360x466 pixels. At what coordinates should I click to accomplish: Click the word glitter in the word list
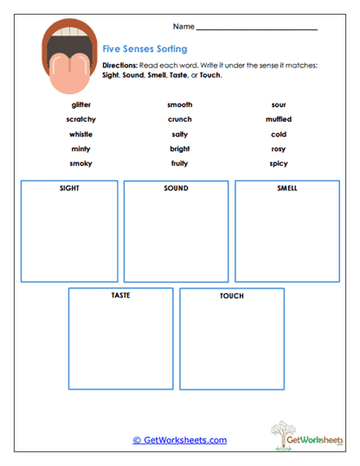(x=81, y=105)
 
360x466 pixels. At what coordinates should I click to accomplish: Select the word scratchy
(x=81, y=119)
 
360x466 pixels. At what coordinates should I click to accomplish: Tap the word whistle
(x=81, y=134)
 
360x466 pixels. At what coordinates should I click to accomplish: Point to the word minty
(x=81, y=149)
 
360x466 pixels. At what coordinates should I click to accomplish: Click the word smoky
(x=81, y=163)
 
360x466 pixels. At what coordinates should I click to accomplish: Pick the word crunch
(x=180, y=119)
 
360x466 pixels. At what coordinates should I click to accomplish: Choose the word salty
(x=180, y=134)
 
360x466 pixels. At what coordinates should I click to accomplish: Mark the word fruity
(x=180, y=163)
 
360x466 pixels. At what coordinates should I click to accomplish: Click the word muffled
(x=279, y=119)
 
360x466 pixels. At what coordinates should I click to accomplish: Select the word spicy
(x=279, y=163)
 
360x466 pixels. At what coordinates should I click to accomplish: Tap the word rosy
(x=279, y=149)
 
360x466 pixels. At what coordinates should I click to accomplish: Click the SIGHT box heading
(x=70, y=188)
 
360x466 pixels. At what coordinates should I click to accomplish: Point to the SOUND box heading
(x=176, y=188)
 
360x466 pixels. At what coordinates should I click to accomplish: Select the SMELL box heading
(x=287, y=188)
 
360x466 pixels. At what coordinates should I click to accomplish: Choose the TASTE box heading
(x=121, y=295)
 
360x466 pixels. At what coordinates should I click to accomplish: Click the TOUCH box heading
(x=232, y=296)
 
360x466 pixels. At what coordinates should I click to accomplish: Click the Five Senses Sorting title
(x=145, y=49)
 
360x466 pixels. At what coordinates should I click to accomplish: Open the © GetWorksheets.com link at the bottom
(x=180, y=440)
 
